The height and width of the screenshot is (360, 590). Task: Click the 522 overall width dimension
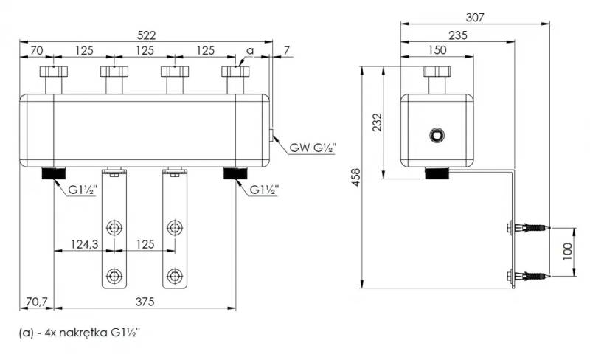pos(146,35)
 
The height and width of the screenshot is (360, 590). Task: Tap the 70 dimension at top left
pos(36,50)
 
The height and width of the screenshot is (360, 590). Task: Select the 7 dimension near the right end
pos(287,50)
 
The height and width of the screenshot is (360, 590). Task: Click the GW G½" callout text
pos(313,148)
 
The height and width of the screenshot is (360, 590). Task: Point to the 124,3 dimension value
pos(85,244)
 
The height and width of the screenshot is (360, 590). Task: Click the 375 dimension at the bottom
pos(145,302)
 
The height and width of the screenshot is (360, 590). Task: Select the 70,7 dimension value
pos(37,302)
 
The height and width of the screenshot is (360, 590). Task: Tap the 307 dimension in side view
pos(475,17)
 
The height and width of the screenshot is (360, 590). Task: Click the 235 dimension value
pos(458,35)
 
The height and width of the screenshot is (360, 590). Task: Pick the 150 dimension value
pos(437,50)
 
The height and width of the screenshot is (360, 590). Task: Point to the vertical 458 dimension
pos(355,177)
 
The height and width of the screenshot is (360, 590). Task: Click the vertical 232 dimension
pos(377,122)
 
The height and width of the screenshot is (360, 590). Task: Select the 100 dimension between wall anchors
pos(567,251)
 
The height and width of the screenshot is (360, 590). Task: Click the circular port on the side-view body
pos(437,135)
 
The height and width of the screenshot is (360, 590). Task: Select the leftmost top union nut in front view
pos(54,72)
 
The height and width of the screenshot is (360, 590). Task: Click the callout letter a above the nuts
pos(250,50)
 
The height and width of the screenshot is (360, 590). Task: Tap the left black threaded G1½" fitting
pos(53,173)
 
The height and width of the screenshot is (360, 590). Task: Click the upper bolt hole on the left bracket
pos(114,228)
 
